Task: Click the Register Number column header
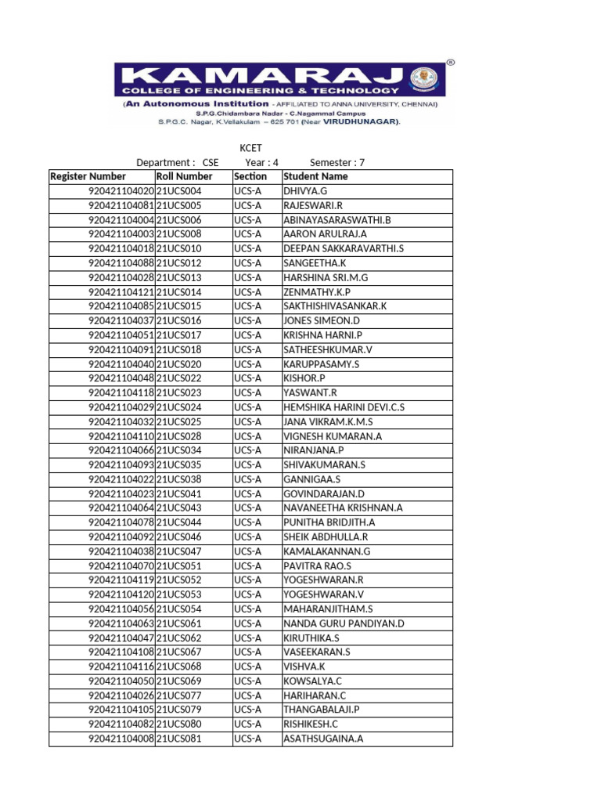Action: pos(88,176)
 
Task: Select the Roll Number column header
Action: pos(184,176)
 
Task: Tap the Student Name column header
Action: pos(315,176)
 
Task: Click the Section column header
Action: pos(250,176)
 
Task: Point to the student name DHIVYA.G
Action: pos(305,190)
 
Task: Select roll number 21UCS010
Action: pos(178,248)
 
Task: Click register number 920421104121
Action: pos(121,291)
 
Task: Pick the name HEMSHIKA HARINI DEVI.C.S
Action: pos(344,407)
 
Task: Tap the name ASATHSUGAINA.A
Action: pos(323,739)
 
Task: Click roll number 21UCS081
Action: pos(178,739)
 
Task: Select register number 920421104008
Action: pos(121,739)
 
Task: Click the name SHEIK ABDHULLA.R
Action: pos(326,537)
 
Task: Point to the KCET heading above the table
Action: pos(250,148)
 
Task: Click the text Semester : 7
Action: pos(337,162)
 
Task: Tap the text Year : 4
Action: pos(261,162)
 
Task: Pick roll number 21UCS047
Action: pos(178,551)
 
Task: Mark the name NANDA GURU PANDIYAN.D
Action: pos(344,623)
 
